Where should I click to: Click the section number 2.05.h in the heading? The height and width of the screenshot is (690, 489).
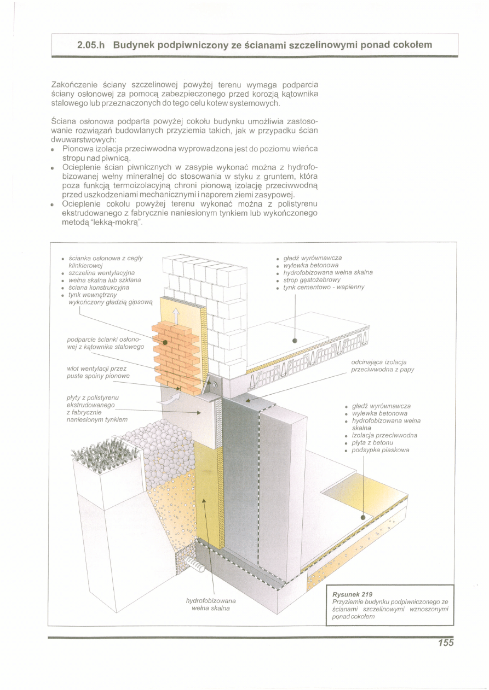point(92,45)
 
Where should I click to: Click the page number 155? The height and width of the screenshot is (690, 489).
point(446,643)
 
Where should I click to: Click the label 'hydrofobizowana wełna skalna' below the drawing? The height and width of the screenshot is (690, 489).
point(211,604)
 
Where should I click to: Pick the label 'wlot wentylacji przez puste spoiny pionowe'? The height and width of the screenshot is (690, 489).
point(96,372)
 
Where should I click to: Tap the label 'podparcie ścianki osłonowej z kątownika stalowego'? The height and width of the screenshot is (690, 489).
point(105,343)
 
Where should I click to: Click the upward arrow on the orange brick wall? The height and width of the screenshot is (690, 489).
point(176,315)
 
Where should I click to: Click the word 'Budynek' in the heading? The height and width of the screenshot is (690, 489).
point(133,45)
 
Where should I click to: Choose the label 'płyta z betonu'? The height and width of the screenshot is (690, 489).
point(372,442)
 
